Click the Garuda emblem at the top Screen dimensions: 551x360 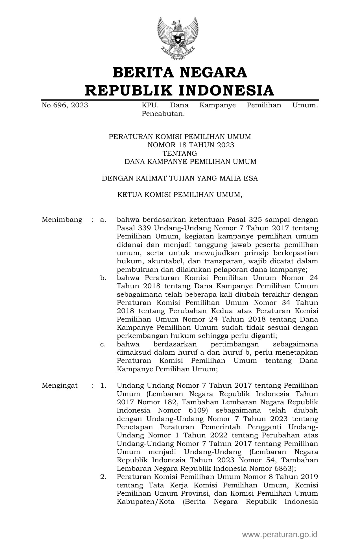(x=178, y=38)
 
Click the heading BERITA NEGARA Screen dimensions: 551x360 (x=180, y=73)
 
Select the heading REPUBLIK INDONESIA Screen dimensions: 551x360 (x=180, y=90)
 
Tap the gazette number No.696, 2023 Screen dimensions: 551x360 (x=65, y=105)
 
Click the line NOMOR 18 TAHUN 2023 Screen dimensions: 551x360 (x=191, y=145)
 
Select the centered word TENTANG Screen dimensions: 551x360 (x=180, y=153)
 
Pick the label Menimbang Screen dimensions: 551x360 (x=62, y=220)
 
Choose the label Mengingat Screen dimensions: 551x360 (x=60, y=385)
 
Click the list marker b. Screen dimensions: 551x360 (x=103, y=278)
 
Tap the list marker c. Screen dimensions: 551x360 (x=103, y=344)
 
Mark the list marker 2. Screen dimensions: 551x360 (x=103, y=477)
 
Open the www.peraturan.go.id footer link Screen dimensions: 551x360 (x=280, y=535)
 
